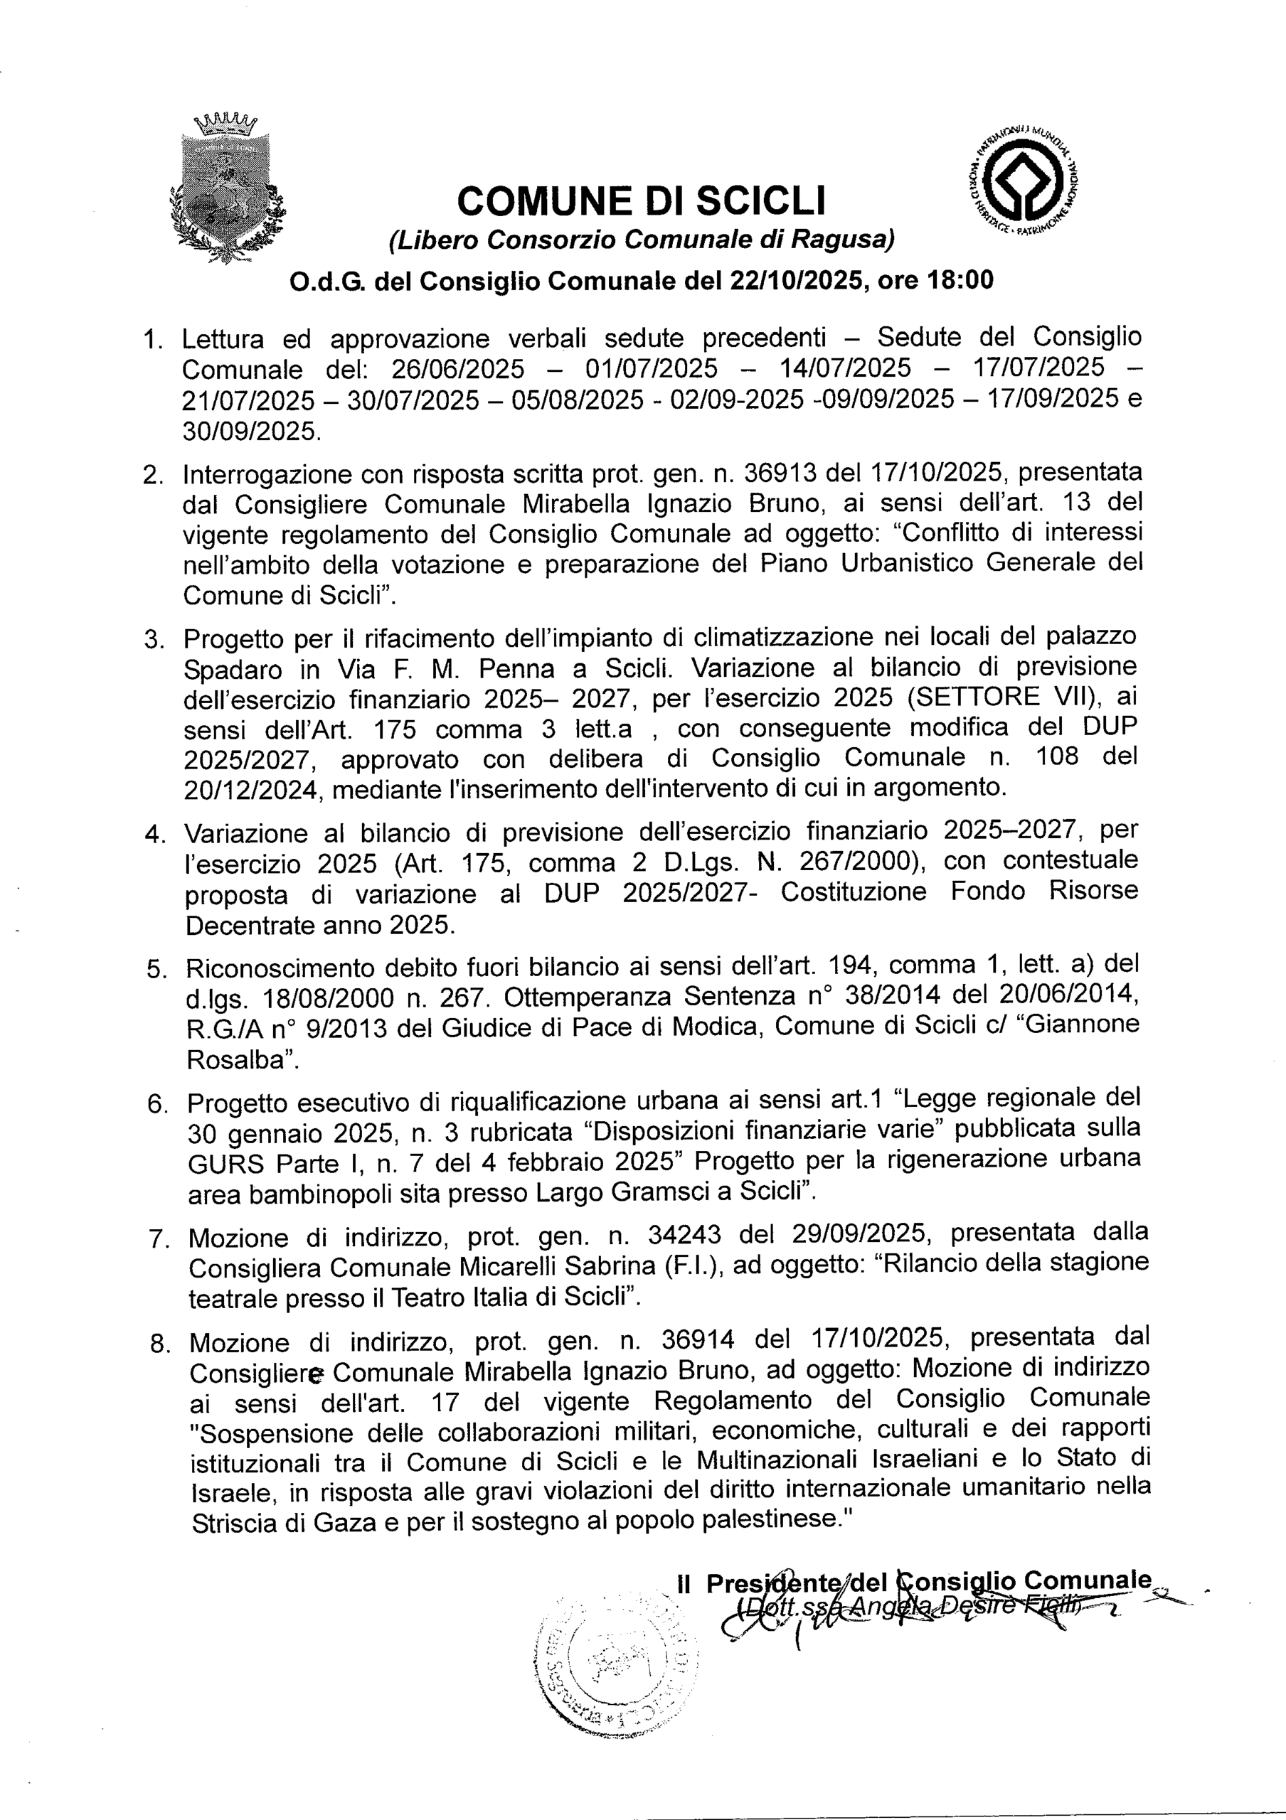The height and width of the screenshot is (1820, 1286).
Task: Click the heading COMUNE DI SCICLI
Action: pos(642,200)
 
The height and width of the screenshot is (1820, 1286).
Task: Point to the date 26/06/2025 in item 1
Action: pos(457,368)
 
